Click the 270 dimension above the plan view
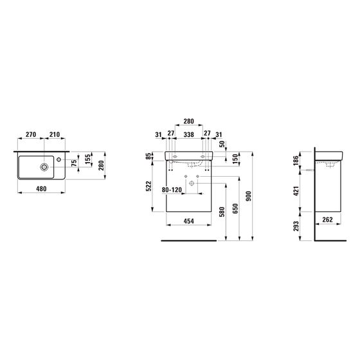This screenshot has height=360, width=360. tap(31, 134)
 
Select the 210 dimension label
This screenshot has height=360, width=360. tap(55, 134)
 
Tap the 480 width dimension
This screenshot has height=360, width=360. tap(41, 189)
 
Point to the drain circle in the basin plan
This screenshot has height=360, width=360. tap(44, 167)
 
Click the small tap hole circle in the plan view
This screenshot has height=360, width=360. tap(59, 159)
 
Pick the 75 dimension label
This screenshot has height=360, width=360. tap(74, 163)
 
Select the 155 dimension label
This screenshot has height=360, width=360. tap(87, 159)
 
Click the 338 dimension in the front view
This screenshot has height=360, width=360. tap(189, 134)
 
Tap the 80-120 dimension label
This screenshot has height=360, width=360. tap(172, 190)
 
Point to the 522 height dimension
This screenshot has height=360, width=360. tap(148, 186)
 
